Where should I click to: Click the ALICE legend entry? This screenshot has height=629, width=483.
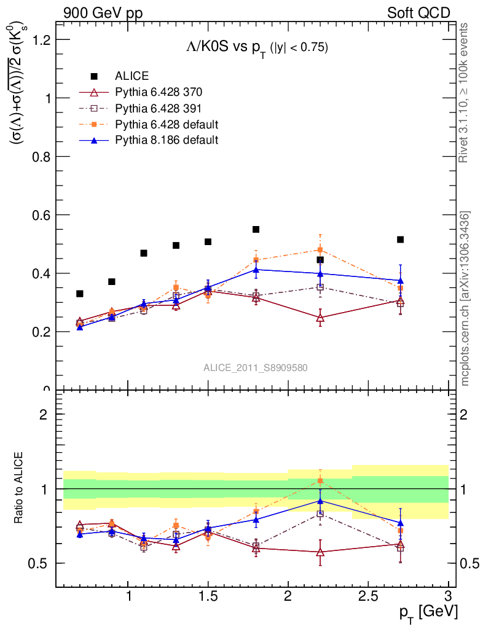click(132, 76)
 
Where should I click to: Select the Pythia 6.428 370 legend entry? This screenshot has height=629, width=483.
click(159, 92)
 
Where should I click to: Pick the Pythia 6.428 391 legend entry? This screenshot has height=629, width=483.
click(159, 109)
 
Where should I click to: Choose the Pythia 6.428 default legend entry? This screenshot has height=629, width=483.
click(167, 125)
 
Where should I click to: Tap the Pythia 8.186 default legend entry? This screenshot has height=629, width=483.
click(167, 141)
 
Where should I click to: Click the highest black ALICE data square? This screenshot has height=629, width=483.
click(256, 230)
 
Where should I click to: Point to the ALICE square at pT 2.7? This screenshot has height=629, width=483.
click(400, 240)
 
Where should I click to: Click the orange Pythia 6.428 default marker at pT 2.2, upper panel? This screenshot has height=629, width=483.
click(320, 250)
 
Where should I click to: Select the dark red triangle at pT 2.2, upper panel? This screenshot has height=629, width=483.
click(320, 318)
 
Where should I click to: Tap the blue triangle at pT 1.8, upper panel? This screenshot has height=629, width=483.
click(256, 269)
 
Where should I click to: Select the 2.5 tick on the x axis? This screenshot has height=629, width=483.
click(368, 595)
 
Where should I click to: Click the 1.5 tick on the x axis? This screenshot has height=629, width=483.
click(208, 595)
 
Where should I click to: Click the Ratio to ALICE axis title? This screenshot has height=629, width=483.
click(19, 489)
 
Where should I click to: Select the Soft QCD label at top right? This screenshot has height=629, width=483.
click(418, 13)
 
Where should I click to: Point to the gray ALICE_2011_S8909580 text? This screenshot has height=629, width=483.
click(256, 367)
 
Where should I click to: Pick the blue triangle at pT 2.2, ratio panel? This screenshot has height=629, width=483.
click(320, 501)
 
